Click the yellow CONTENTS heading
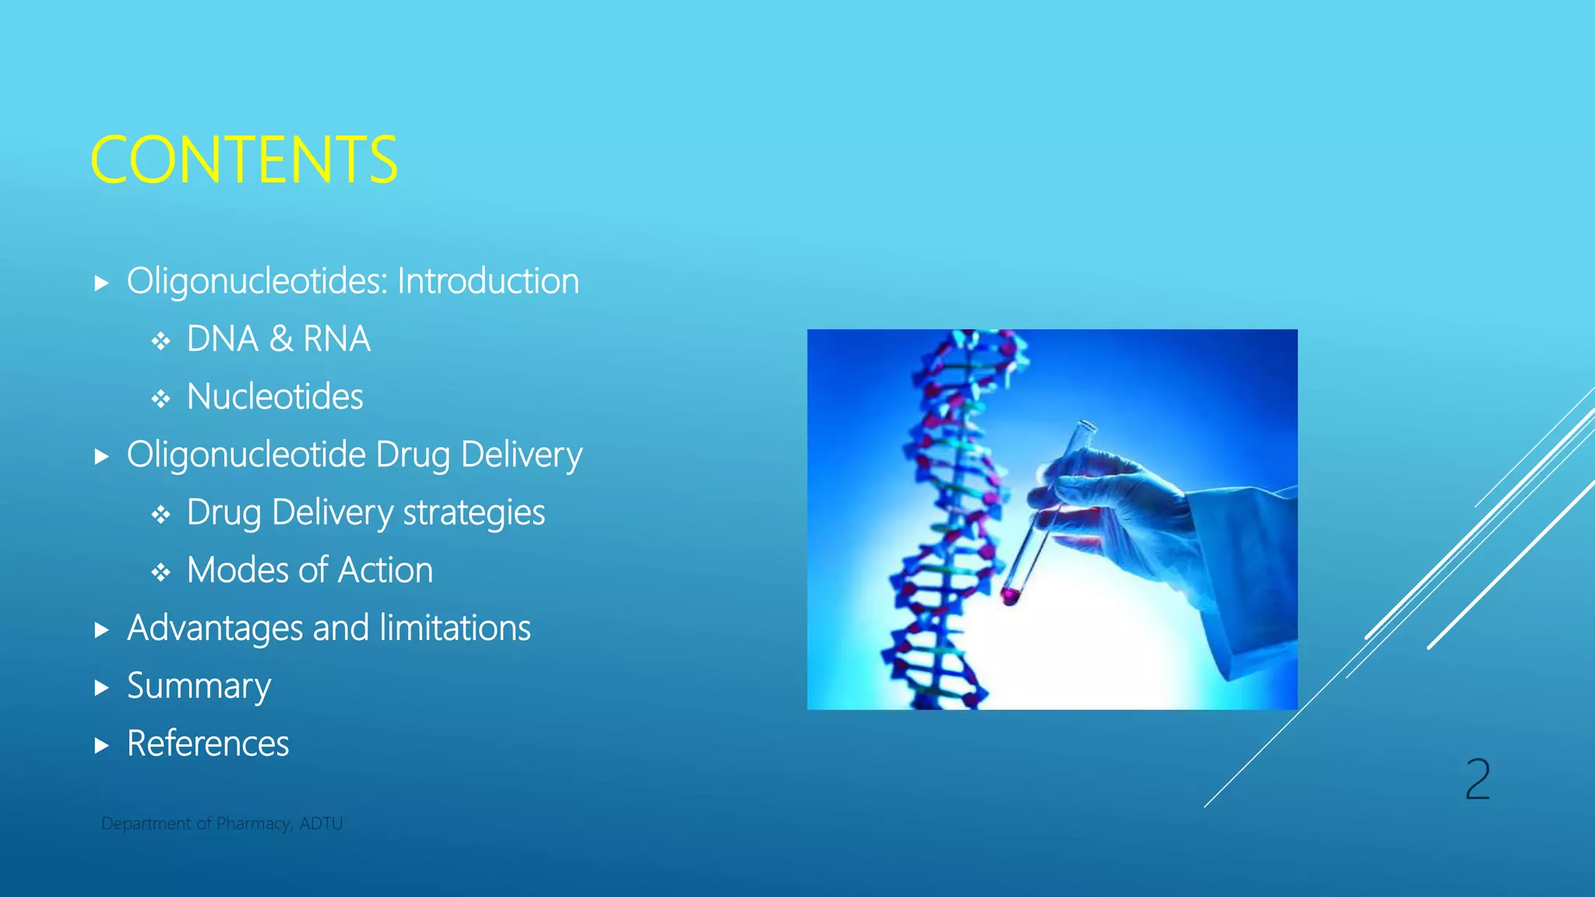[244, 160]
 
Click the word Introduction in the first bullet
[488, 281]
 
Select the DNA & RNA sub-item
[278, 339]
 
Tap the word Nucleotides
[275, 397]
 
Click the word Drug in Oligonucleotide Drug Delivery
[414, 455]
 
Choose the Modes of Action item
[309, 571]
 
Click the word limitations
[455, 628]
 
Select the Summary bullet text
[199, 686]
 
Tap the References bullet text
[208, 744]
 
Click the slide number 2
[1477, 779]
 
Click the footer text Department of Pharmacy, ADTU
[222, 824]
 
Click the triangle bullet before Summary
[101, 688]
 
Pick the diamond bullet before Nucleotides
[161, 399]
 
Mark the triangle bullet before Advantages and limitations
[101, 630]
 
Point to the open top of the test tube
[1085, 426]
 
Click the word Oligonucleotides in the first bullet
[256, 281]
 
